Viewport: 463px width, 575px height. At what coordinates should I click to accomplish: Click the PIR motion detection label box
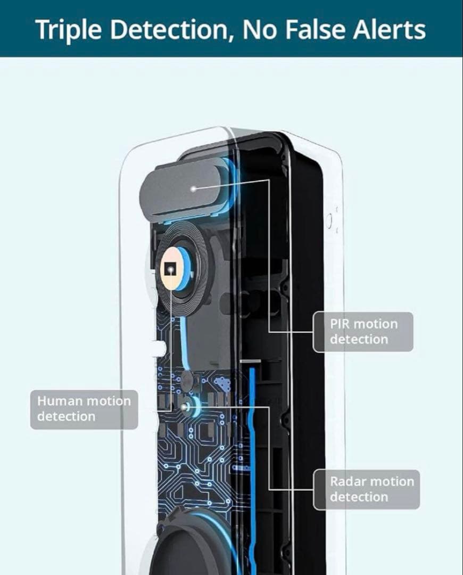(x=363, y=332)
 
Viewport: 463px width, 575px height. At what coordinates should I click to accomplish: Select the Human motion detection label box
(x=84, y=409)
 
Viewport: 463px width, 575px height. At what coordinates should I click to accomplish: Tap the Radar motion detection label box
(x=366, y=489)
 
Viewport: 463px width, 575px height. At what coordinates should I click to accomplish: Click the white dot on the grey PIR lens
(x=193, y=188)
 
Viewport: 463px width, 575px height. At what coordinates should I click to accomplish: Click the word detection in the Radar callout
(x=359, y=497)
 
